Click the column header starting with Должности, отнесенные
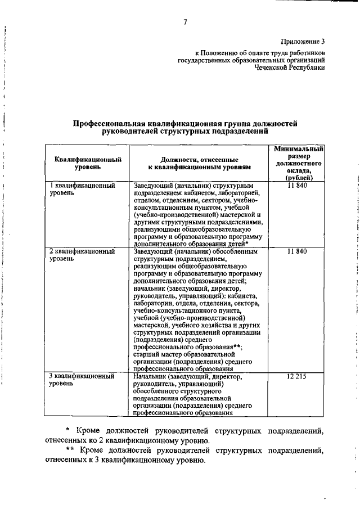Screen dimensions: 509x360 tap(199, 163)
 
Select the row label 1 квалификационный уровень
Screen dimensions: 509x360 tap(83, 189)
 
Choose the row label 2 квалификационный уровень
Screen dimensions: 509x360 tap(83, 255)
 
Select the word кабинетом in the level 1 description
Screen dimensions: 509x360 tap(208, 193)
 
